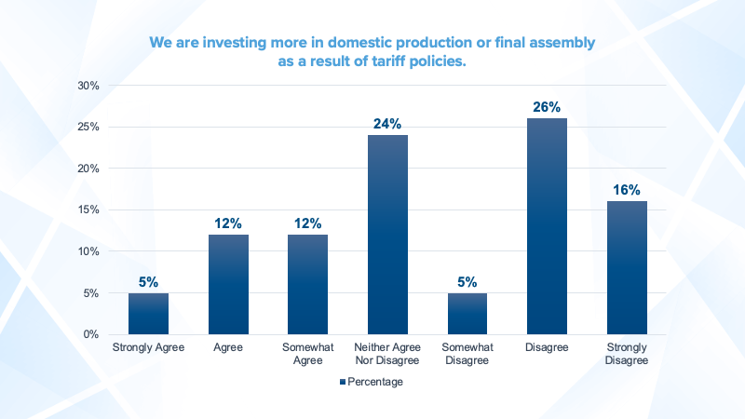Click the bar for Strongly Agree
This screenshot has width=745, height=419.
[x=148, y=314]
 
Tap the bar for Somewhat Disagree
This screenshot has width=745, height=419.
[x=467, y=314]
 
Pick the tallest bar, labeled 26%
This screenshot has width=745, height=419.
[x=547, y=226]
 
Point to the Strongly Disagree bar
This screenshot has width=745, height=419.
[x=627, y=268]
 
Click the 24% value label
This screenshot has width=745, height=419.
[x=387, y=124]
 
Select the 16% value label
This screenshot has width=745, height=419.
[x=627, y=190]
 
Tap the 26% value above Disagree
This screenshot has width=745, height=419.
[x=547, y=107]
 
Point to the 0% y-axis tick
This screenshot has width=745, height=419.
[x=92, y=334]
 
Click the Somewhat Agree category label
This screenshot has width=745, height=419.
[x=307, y=355]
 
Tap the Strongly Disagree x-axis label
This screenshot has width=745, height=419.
[x=627, y=355]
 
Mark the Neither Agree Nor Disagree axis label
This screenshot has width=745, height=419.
[x=387, y=355]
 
